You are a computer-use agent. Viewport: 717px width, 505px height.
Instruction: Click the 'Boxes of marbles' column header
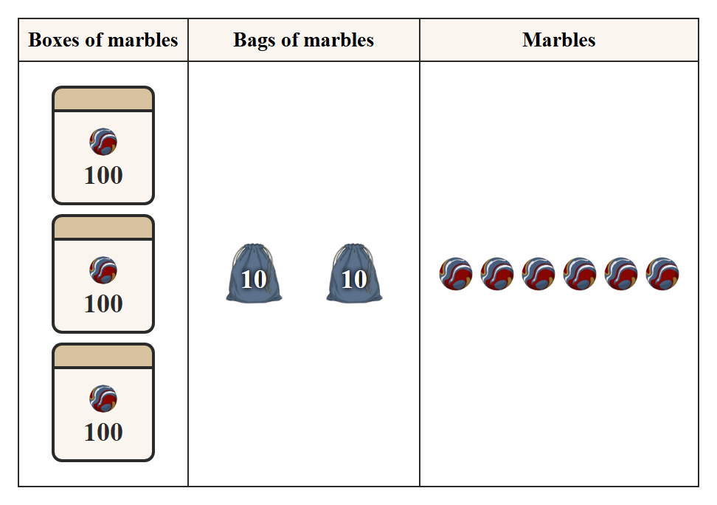coord(103,40)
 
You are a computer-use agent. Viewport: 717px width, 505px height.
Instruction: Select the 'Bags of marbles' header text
coord(304,40)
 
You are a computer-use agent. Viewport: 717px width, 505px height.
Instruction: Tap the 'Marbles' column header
coord(559,40)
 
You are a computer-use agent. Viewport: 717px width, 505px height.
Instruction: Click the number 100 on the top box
coord(103,175)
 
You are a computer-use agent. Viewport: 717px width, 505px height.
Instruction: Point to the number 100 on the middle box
coord(103,303)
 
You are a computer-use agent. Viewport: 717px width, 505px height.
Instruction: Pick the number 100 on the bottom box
coord(103,432)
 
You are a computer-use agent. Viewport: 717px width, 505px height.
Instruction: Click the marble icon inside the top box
coord(103,142)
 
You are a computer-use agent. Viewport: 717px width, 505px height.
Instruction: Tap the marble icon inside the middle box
coord(103,270)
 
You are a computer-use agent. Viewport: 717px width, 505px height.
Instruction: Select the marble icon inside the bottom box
coord(103,399)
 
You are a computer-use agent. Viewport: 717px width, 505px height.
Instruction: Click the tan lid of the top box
coord(103,99)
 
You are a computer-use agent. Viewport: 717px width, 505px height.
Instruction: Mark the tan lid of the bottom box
coord(103,356)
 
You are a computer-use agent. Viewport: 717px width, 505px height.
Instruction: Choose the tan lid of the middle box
coord(103,227)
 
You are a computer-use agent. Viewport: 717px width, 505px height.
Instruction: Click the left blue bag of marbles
coord(254,273)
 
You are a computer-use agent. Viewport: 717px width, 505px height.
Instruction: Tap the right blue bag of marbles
coord(354,273)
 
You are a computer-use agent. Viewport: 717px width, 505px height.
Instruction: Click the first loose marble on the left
coord(455,274)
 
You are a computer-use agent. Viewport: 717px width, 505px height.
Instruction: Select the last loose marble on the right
coord(662,274)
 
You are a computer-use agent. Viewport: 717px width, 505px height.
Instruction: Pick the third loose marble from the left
coord(538,274)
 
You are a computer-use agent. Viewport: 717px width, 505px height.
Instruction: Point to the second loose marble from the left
coord(497,274)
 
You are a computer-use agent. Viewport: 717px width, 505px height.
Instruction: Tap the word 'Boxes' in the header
coord(54,40)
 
